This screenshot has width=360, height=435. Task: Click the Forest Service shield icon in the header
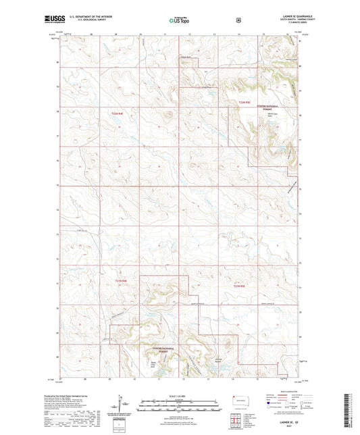point(238,20)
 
